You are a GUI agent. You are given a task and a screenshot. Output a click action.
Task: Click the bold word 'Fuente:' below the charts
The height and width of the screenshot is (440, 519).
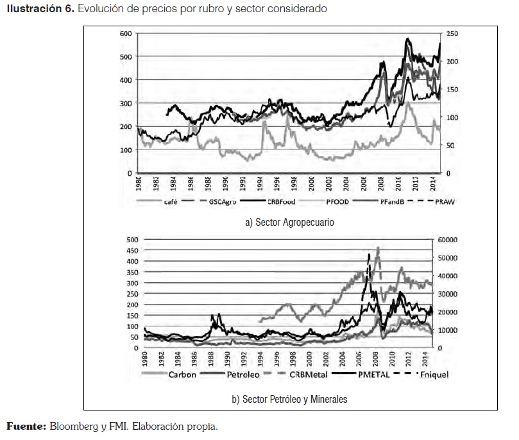(x=26, y=426)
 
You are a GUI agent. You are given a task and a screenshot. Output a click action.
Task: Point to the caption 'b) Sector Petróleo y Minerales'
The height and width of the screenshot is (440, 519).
(x=289, y=399)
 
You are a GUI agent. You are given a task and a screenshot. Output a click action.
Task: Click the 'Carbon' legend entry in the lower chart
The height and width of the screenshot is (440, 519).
(x=183, y=374)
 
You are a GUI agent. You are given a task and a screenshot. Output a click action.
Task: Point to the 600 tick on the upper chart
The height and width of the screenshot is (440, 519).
(x=126, y=33)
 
